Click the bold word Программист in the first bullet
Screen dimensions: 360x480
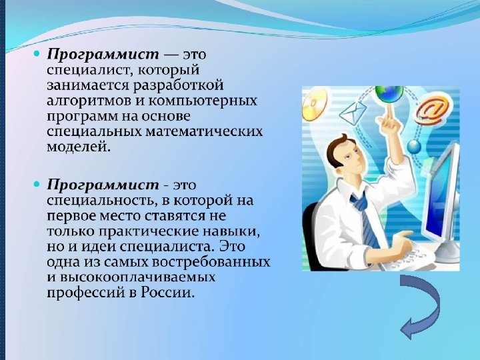103,53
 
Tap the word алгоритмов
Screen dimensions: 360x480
84,101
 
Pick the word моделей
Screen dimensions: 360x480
76,147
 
